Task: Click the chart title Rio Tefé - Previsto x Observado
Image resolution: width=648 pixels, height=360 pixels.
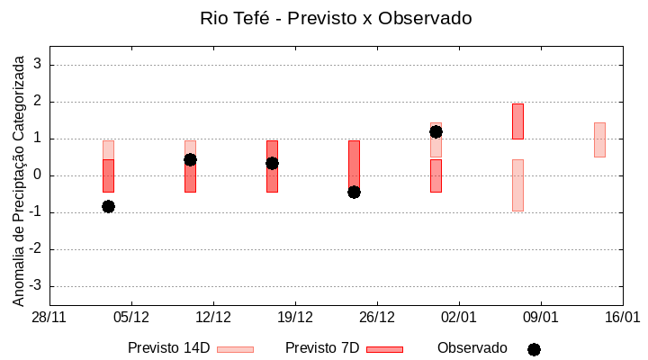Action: pos(336,18)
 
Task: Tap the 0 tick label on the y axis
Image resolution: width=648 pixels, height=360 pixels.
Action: pos(38,175)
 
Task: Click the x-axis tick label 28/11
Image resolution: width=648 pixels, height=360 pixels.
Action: pos(49,318)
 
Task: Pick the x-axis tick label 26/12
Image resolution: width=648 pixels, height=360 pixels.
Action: pos(377,318)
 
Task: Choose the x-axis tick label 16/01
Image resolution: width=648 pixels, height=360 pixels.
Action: pos(622,318)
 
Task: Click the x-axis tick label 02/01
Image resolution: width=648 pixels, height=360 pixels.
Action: pos(459,318)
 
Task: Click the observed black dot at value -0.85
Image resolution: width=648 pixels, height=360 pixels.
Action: pos(108,206)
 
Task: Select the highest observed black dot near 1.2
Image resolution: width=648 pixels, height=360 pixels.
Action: pos(436,131)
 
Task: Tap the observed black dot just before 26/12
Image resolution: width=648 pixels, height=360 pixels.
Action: pos(354,192)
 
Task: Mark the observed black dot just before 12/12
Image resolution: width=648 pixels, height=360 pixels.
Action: pos(190,159)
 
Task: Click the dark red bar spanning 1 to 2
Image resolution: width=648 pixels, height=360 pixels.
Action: pos(517,121)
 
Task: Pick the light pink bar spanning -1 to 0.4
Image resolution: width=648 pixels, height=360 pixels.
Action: pos(517,185)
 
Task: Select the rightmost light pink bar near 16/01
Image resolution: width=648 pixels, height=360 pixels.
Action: pos(599,139)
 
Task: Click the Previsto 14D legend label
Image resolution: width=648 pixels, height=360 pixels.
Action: pos(168,348)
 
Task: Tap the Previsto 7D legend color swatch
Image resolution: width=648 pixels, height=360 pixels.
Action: pos(384,349)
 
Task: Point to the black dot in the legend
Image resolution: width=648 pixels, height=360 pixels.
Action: pos(534,349)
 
